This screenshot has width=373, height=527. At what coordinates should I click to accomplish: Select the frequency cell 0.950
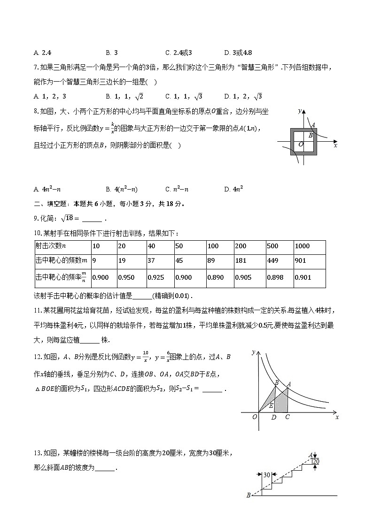(126, 277)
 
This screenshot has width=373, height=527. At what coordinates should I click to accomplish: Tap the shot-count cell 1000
(303, 246)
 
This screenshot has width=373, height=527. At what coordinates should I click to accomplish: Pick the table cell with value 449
(272, 260)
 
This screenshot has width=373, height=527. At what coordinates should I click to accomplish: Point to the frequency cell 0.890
(216, 277)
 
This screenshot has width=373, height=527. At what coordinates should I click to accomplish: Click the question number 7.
(36, 68)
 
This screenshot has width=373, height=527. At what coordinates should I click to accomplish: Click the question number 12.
(38, 357)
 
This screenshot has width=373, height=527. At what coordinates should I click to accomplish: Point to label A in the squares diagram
(313, 125)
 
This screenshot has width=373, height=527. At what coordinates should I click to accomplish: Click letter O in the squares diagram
(301, 145)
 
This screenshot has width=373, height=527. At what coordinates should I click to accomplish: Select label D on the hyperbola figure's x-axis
(274, 417)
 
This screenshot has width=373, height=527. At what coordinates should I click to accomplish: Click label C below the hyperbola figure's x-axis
(287, 417)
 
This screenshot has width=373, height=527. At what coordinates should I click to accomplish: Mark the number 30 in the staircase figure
(266, 475)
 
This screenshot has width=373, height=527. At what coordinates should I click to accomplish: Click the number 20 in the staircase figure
(316, 462)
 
